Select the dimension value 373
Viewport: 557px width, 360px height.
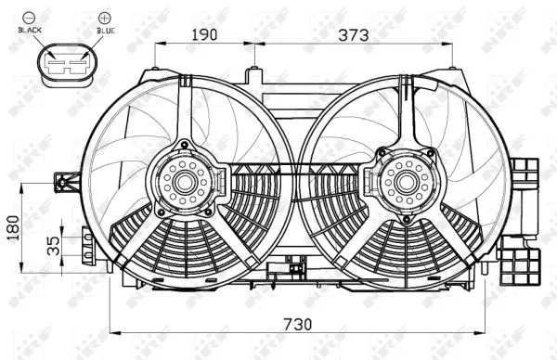354,35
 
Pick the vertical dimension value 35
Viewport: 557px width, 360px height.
54,245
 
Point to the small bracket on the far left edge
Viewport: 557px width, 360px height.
65,180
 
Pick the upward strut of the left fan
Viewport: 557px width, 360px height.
187,111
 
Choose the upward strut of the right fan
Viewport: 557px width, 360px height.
406,111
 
